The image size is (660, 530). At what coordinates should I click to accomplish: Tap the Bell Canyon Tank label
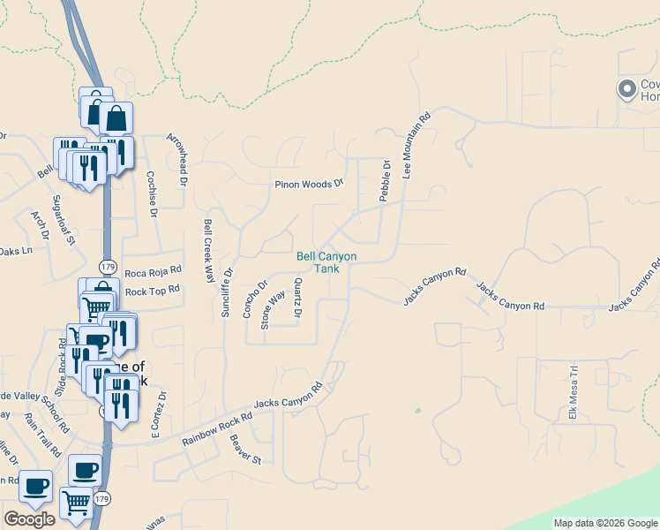click(x=326, y=261)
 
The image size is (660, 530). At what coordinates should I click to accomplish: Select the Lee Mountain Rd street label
click(x=416, y=146)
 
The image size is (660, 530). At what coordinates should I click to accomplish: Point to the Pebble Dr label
click(x=385, y=181)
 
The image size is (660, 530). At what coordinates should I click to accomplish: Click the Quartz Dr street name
click(x=298, y=298)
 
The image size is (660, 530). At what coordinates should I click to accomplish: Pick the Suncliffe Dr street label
click(x=227, y=292)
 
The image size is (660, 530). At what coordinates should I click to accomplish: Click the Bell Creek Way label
click(x=209, y=250)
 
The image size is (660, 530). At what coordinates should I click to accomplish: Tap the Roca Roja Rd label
click(x=153, y=271)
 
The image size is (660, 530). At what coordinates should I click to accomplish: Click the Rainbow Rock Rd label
click(x=217, y=430)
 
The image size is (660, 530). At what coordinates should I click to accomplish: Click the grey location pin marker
click(x=627, y=88)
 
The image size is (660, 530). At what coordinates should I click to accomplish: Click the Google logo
click(x=29, y=519)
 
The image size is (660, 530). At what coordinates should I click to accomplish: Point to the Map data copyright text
click(x=604, y=523)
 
